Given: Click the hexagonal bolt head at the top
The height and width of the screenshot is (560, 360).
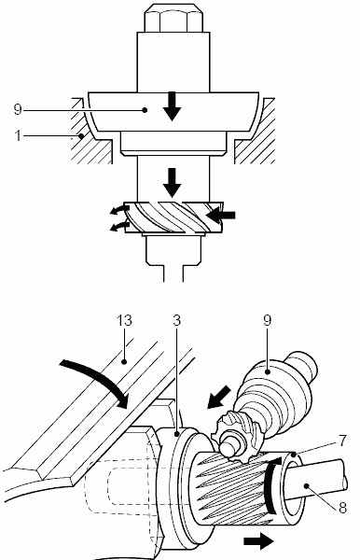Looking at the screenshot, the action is point(173,19).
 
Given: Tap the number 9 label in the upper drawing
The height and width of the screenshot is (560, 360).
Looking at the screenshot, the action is point(18,109).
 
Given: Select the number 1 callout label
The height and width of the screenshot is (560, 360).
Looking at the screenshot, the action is point(18,135).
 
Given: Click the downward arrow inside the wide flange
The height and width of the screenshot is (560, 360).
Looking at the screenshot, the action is point(172,106).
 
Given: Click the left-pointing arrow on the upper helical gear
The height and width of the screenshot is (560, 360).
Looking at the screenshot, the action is point(221,215).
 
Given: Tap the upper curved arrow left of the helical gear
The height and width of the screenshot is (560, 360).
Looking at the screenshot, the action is point(119,210).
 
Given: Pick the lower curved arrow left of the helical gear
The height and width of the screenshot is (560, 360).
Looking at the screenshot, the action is point(119,226).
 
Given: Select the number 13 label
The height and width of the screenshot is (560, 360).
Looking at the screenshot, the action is point(124,320).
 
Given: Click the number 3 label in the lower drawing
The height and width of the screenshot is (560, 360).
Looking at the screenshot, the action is point(176,320).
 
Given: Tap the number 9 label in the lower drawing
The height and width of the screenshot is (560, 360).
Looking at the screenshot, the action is point(268,320).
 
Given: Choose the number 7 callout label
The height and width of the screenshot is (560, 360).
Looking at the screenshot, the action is point(343,441).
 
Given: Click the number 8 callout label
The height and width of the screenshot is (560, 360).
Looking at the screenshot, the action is point(342,508).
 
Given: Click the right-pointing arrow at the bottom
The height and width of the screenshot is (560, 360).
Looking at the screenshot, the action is point(258,541).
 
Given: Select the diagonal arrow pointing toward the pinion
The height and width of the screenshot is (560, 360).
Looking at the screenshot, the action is point(219,397).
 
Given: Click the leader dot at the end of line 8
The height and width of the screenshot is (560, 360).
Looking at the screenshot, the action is point(306,485).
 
